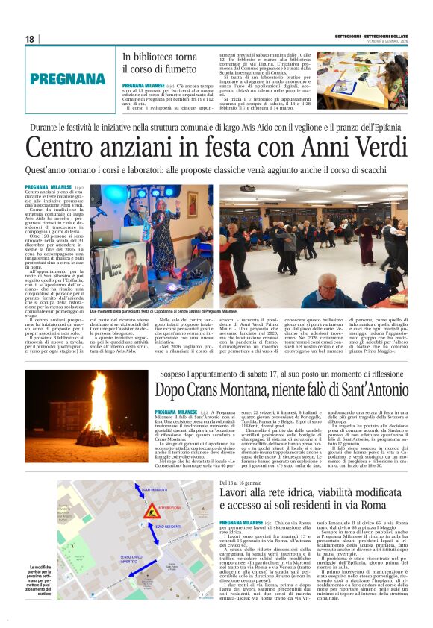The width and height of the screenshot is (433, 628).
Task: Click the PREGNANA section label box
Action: (x=68, y=78)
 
